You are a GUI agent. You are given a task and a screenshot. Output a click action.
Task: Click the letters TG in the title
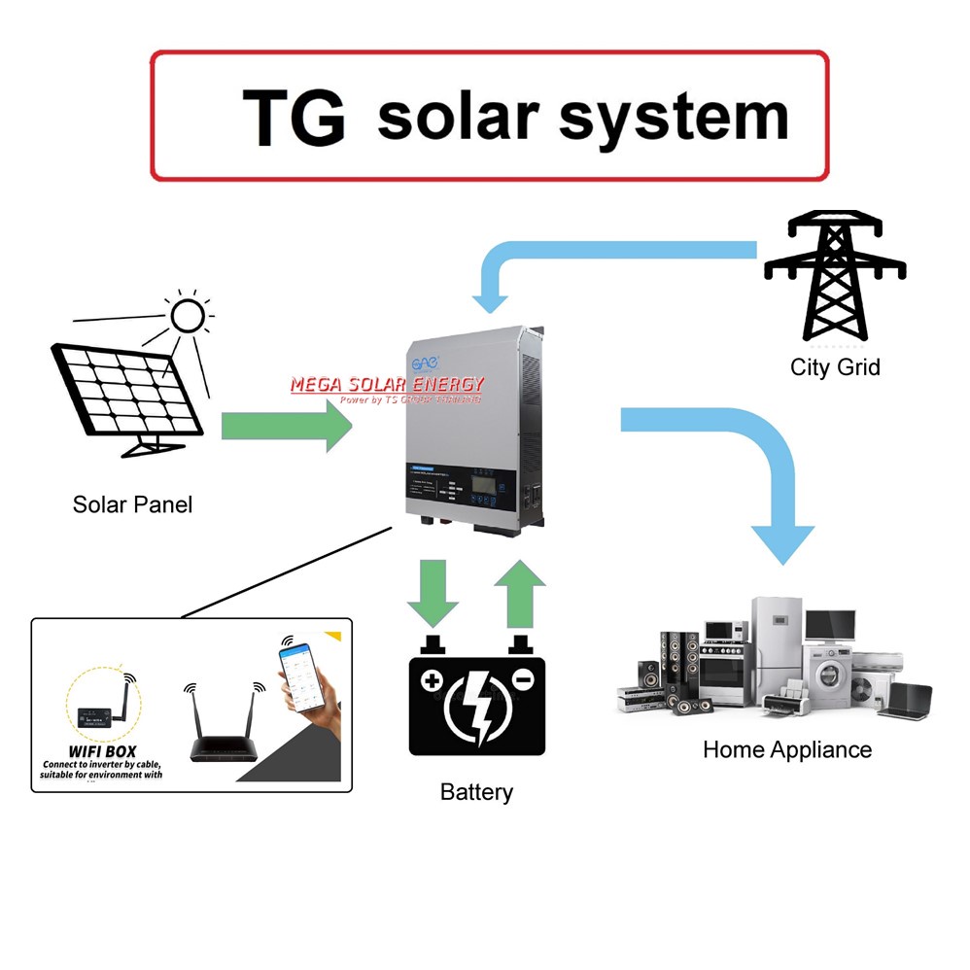click(x=294, y=118)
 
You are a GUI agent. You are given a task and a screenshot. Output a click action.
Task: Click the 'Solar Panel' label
click(x=132, y=504)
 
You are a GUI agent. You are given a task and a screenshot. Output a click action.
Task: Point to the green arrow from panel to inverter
click(x=288, y=425)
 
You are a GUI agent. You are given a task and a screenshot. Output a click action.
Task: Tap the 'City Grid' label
click(x=835, y=367)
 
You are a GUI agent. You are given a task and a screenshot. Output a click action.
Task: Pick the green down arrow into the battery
click(x=433, y=592)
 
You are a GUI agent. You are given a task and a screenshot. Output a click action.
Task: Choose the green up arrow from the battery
click(x=521, y=592)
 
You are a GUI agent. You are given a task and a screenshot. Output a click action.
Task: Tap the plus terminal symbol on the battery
click(x=433, y=679)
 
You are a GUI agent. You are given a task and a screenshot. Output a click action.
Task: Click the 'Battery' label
click(x=476, y=792)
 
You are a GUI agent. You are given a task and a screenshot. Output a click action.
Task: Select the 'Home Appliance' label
click(x=787, y=749)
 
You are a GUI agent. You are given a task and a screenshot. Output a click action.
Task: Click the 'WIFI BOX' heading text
click(x=102, y=750)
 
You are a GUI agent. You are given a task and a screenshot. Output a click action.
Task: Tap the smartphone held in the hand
click(x=300, y=676)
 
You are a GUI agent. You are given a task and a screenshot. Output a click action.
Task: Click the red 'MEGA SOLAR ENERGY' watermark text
click(x=387, y=385)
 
